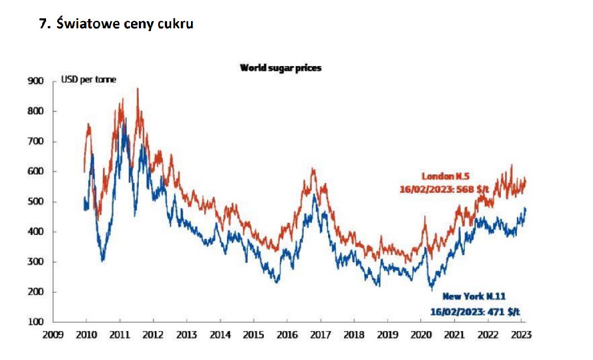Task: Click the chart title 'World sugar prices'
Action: [280, 68]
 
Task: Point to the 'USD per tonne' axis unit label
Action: [88, 80]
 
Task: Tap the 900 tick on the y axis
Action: [36, 81]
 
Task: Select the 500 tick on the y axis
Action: [36, 202]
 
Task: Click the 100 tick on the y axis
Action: [36, 322]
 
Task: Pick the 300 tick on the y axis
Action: [36, 262]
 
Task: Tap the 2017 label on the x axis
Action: [320, 335]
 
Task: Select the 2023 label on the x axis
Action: [521, 335]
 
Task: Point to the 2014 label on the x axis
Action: [220, 335]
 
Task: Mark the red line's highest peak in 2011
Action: [137, 88]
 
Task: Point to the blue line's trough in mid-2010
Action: [102, 260]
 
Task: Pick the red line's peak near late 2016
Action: [313, 168]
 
